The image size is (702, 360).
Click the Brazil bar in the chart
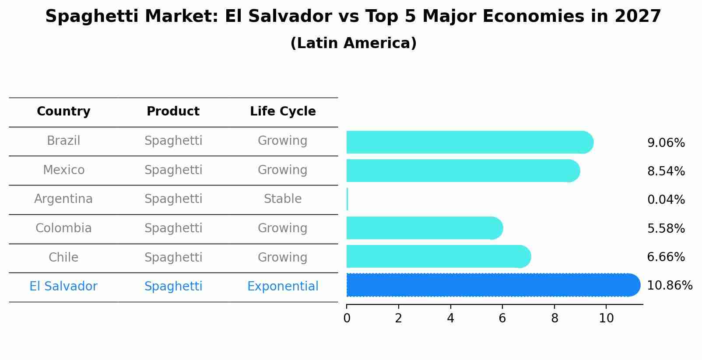(x=468, y=142)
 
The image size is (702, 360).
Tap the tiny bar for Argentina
(x=347, y=199)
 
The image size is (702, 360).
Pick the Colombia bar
(x=424, y=228)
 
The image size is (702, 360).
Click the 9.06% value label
(x=666, y=143)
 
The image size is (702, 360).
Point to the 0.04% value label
(x=666, y=200)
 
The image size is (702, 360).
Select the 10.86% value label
(x=669, y=286)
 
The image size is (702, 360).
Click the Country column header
(x=63, y=112)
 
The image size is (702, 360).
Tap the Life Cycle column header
(x=283, y=112)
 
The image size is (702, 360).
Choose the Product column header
(x=173, y=112)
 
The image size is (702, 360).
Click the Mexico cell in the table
(x=63, y=170)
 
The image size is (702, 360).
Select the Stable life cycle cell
(x=283, y=199)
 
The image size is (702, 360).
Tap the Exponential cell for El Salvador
(x=283, y=287)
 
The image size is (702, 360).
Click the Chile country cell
(x=63, y=257)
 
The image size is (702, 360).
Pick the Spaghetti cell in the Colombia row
(x=173, y=228)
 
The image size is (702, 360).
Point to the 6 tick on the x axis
(x=502, y=318)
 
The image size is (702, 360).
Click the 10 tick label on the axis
(x=606, y=318)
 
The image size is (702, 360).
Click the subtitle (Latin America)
(x=353, y=43)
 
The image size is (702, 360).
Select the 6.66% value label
(x=666, y=257)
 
